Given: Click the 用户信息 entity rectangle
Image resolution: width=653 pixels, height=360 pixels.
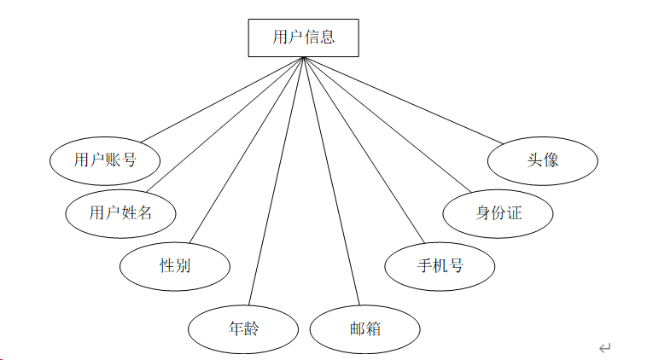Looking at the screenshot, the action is pyautogui.click(x=303, y=38).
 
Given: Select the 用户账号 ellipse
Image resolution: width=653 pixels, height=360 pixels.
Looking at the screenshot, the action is pyautogui.click(x=105, y=161).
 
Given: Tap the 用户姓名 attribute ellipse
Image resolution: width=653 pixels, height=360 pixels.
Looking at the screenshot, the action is pyautogui.click(x=120, y=214).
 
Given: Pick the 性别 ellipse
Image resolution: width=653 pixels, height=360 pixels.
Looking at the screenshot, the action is pyautogui.click(x=175, y=266).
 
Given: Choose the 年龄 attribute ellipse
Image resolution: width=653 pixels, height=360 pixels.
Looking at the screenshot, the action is pyautogui.click(x=243, y=329).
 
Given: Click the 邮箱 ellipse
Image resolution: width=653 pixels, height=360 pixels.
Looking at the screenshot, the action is pyautogui.click(x=364, y=329).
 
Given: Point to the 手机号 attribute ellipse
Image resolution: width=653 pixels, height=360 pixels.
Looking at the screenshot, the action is pyautogui.click(x=440, y=266).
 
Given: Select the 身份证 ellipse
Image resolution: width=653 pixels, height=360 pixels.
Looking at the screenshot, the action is pyautogui.click(x=498, y=214).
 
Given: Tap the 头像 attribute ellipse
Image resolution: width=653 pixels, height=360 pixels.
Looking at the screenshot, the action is pyautogui.click(x=543, y=161).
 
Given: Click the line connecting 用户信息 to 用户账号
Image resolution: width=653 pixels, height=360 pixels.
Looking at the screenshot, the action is pyautogui.click(x=223, y=100).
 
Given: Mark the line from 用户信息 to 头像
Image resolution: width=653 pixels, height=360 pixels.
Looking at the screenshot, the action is pyautogui.click(x=404, y=101).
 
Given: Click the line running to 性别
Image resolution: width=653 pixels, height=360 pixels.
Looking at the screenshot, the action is pyautogui.click(x=247, y=150).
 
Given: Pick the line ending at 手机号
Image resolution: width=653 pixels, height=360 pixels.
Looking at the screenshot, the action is pyautogui.click(x=364, y=150).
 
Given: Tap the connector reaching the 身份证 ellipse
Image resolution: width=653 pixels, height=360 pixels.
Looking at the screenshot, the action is pyautogui.click(x=388, y=125).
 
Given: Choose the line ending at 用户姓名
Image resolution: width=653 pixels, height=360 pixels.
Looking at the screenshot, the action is pyautogui.click(x=224, y=125).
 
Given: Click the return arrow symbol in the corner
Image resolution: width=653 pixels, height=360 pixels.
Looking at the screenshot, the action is pyautogui.click(x=604, y=347).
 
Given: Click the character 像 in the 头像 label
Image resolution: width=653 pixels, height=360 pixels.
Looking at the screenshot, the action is pyautogui.click(x=551, y=160).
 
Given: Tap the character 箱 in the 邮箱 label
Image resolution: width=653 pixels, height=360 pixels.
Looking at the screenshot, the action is pyautogui.click(x=373, y=328).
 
